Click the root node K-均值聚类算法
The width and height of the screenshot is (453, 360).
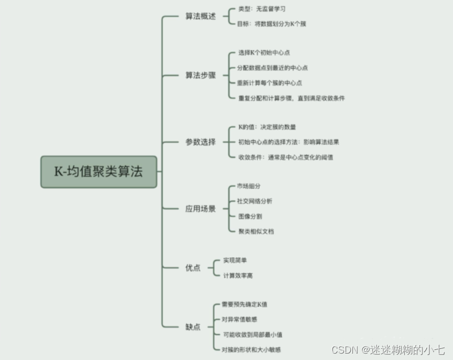point(99,172)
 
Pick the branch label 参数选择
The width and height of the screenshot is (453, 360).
point(200,142)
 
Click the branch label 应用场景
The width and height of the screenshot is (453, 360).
point(200,209)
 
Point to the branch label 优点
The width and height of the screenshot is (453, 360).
point(193,267)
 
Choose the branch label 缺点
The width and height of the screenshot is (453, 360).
point(193,326)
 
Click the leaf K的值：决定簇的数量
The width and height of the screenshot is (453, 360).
point(267,127)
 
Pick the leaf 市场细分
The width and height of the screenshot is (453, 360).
point(248,186)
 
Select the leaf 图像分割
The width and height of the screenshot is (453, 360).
point(250,217)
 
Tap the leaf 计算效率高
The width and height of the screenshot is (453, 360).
point(238,275)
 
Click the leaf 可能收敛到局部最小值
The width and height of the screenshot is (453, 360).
point(252,334)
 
